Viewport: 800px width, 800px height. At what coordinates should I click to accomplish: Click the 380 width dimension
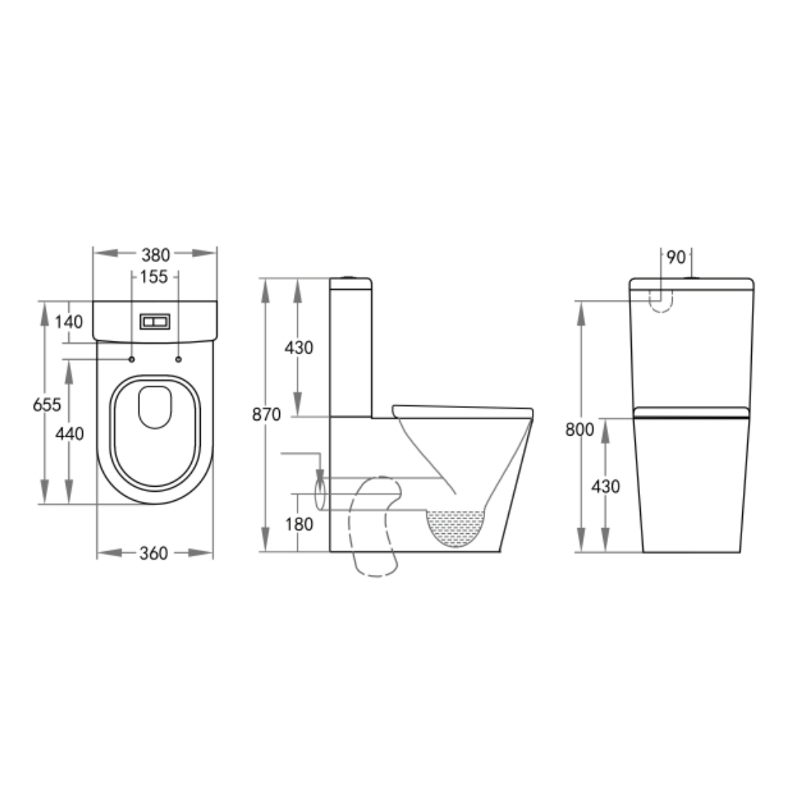[156, 255]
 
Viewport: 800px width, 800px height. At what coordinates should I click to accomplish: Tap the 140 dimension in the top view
[68, 322]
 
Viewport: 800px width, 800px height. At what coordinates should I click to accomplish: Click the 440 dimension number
[70, 434]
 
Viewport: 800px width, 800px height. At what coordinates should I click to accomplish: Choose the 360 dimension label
[154, 553]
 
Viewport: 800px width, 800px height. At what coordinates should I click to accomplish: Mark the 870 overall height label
[266, 415]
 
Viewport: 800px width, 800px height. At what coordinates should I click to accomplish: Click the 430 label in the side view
[299, 347]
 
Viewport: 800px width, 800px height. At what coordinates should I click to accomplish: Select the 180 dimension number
[299, 524]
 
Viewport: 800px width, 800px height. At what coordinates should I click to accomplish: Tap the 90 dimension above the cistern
[676, 258]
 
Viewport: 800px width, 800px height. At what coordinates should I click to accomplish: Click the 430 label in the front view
[606, 487]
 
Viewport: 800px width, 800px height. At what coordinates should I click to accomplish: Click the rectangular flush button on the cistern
[155, 322]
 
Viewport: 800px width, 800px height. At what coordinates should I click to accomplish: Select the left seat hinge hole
[131, 359]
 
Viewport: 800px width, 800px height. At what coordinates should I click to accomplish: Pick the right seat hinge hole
[179, 359]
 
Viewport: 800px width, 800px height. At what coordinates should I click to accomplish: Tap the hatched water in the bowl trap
[456, 527]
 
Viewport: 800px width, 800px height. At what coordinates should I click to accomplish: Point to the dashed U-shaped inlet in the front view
[660, 300]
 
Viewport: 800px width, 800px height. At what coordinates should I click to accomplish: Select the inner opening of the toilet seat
[155, 407]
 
